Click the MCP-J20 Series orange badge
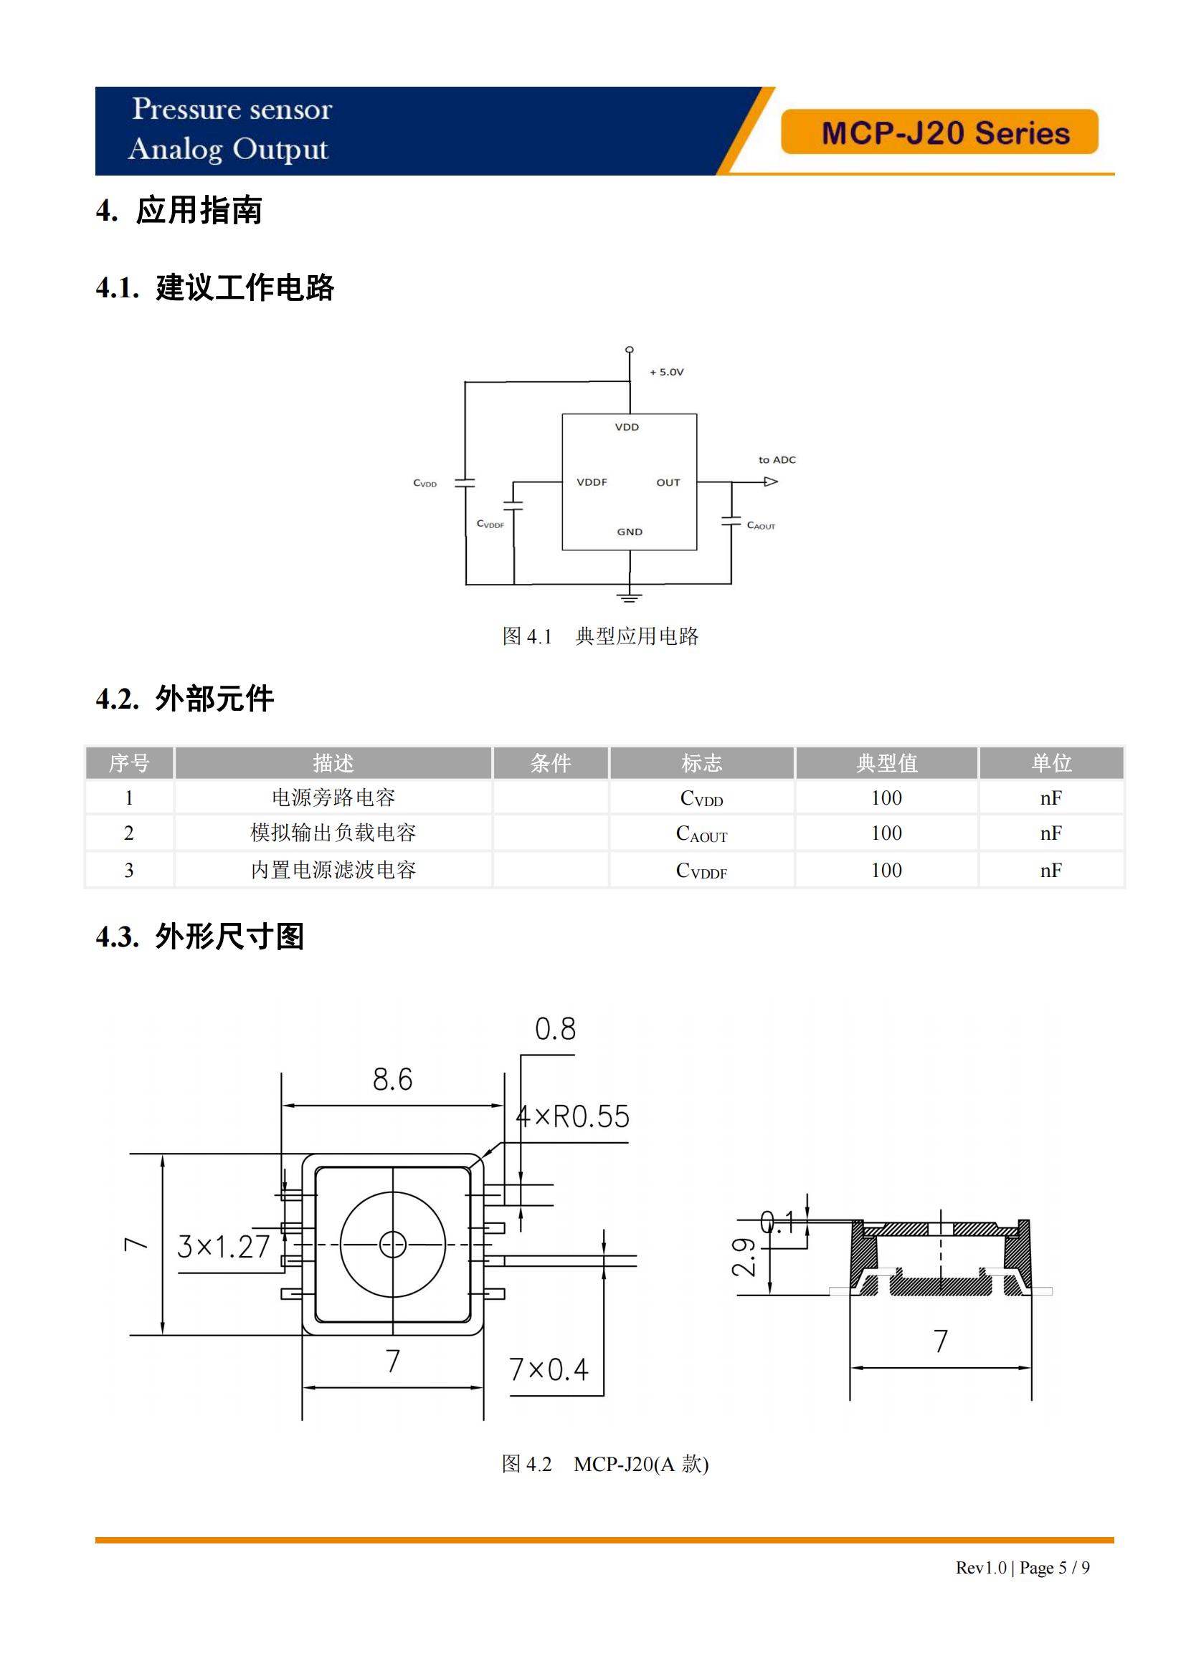939,132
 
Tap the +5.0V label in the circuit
667,373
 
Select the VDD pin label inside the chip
627,427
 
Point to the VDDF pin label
592,482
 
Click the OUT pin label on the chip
668,482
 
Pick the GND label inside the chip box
629,532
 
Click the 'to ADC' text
777,460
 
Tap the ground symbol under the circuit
629,596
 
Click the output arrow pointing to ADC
770,482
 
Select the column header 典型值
886,764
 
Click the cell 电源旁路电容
333,798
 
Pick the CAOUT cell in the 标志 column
701,833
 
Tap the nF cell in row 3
1050,870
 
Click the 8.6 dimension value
392,1081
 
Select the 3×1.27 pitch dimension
224,1247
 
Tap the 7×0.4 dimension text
549,1370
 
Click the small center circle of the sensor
393,1245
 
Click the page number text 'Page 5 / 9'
1055,1567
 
